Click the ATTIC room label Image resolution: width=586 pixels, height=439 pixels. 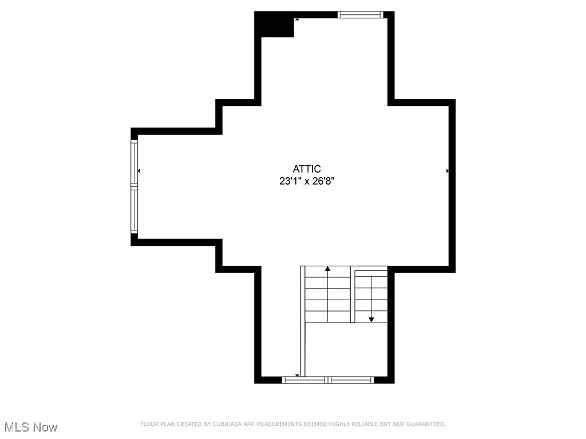point(307,169)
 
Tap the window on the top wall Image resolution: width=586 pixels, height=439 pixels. point(360,15)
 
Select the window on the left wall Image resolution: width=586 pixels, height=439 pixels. point(134,187)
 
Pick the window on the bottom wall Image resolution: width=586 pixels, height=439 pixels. point(328,380)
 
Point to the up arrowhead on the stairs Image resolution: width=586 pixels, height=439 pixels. point(328,268)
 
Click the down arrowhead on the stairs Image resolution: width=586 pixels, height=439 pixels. point(371,320)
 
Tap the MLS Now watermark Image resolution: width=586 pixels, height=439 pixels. point(31,427)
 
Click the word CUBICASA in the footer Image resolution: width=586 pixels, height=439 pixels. point(227,424)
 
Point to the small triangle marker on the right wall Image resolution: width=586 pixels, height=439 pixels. point(448,171)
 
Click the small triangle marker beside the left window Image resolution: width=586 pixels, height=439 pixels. point(139,171)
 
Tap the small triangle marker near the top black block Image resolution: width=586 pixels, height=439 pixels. point(296,19)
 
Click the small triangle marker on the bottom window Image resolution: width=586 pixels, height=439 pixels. point(297,376)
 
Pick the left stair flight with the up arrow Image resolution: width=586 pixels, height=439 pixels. point(327,295)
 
